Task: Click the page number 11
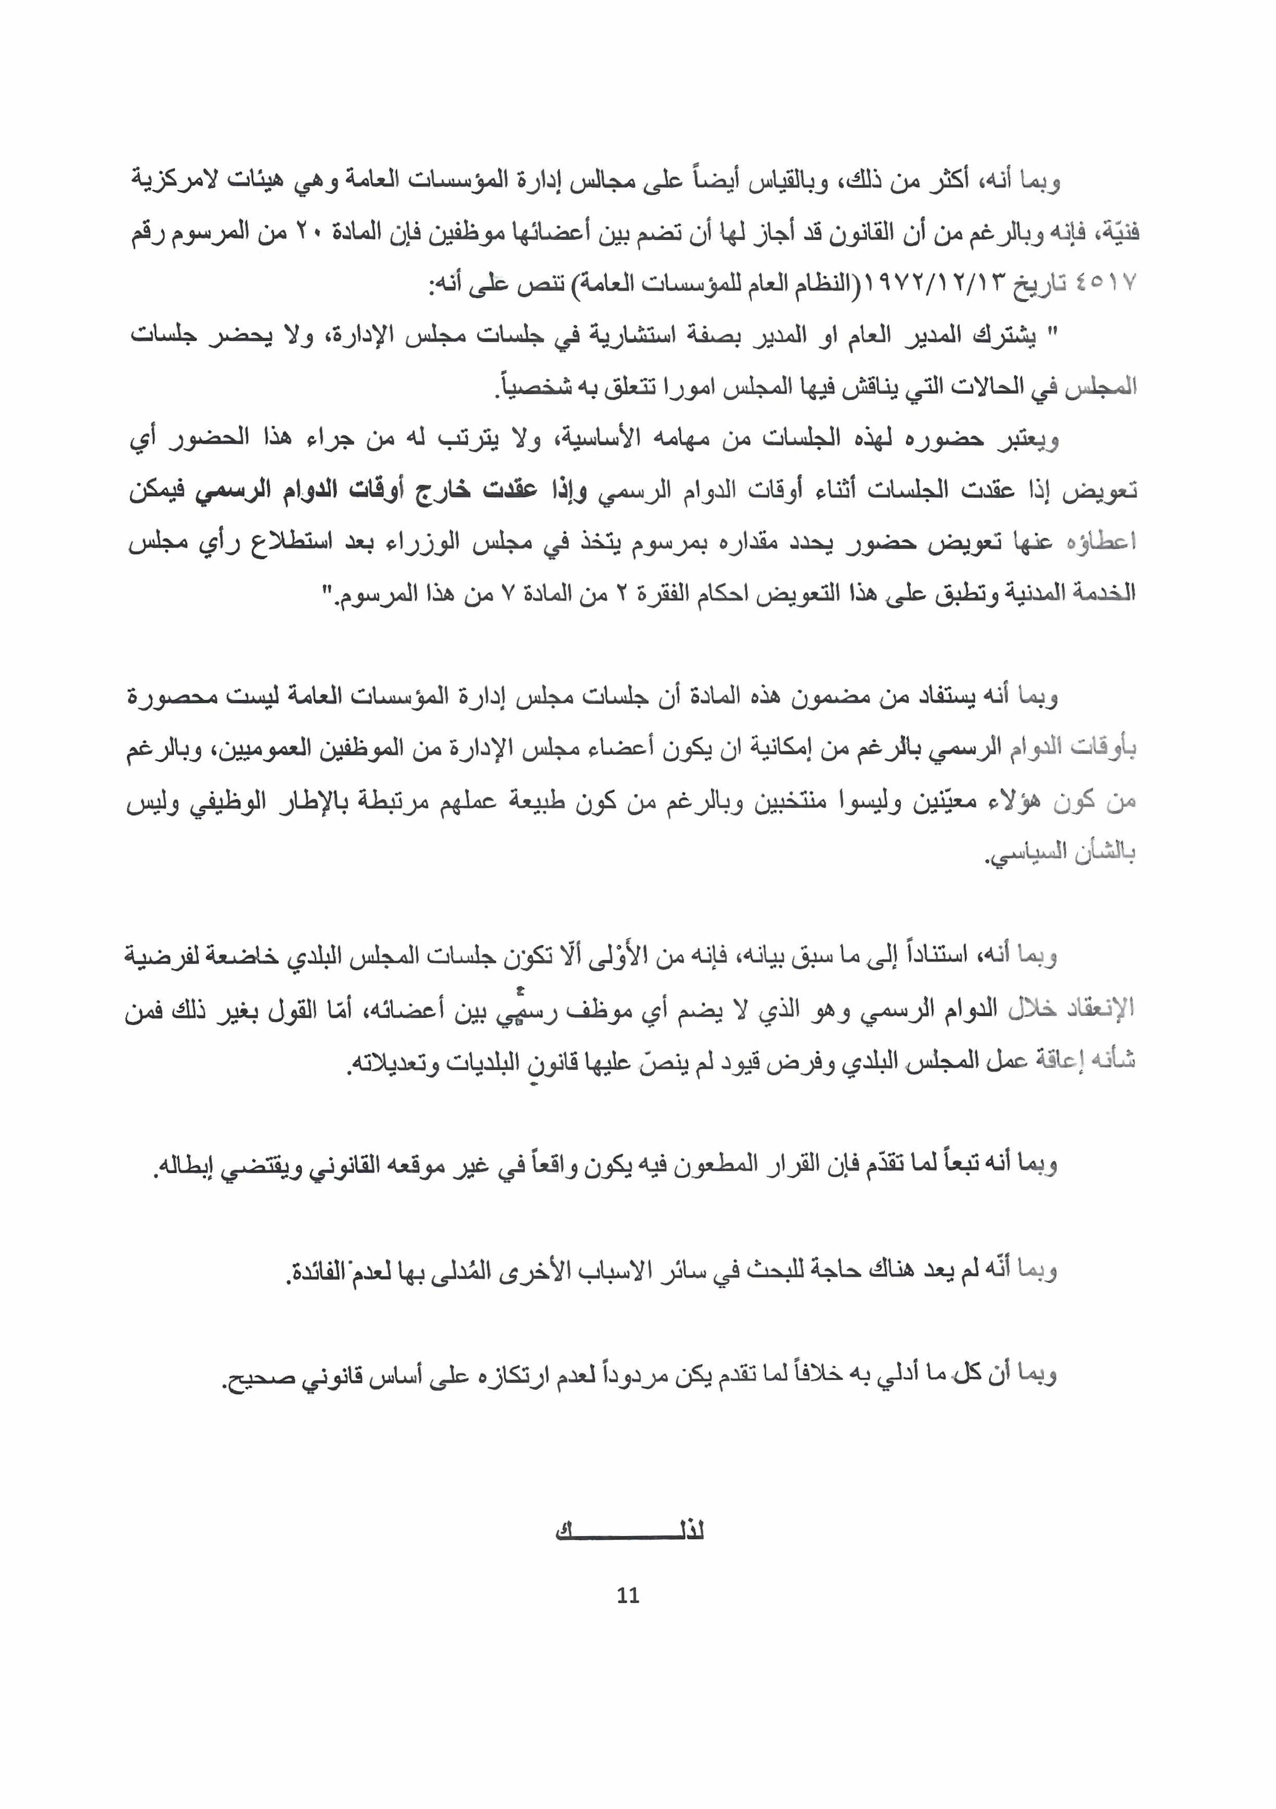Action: click(628, 1595)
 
